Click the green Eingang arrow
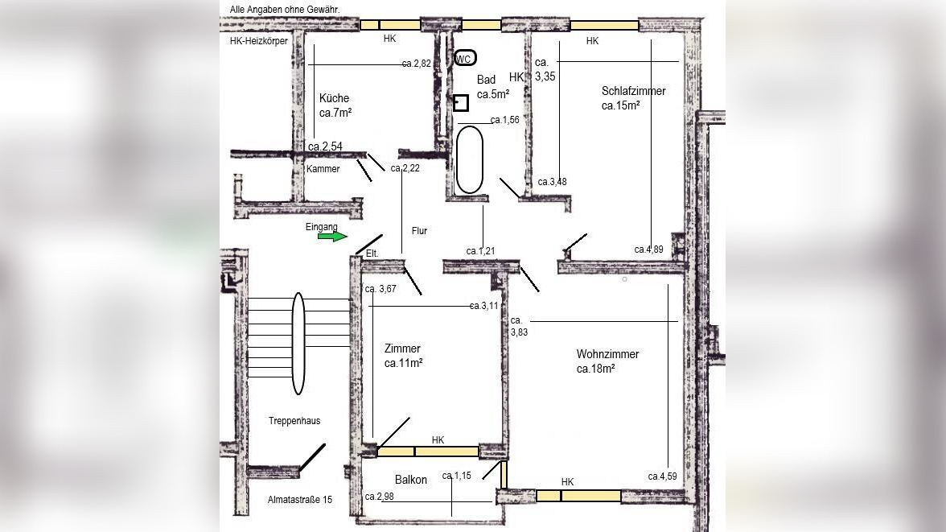332,237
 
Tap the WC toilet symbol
465,58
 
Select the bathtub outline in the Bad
470,159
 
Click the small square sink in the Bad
461,103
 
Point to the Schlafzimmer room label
634,91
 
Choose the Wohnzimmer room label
607,354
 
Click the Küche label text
335,98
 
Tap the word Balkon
411,480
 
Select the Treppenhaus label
294,421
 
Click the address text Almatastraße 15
300,499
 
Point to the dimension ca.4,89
648,250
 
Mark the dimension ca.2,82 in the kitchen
417,64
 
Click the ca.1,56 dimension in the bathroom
505,120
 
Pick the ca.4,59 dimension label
663,476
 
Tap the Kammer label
323,169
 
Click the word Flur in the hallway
419,231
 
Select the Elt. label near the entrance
372,254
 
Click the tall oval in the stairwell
298,344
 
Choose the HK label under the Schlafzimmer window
592,41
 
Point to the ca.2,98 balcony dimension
380,497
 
